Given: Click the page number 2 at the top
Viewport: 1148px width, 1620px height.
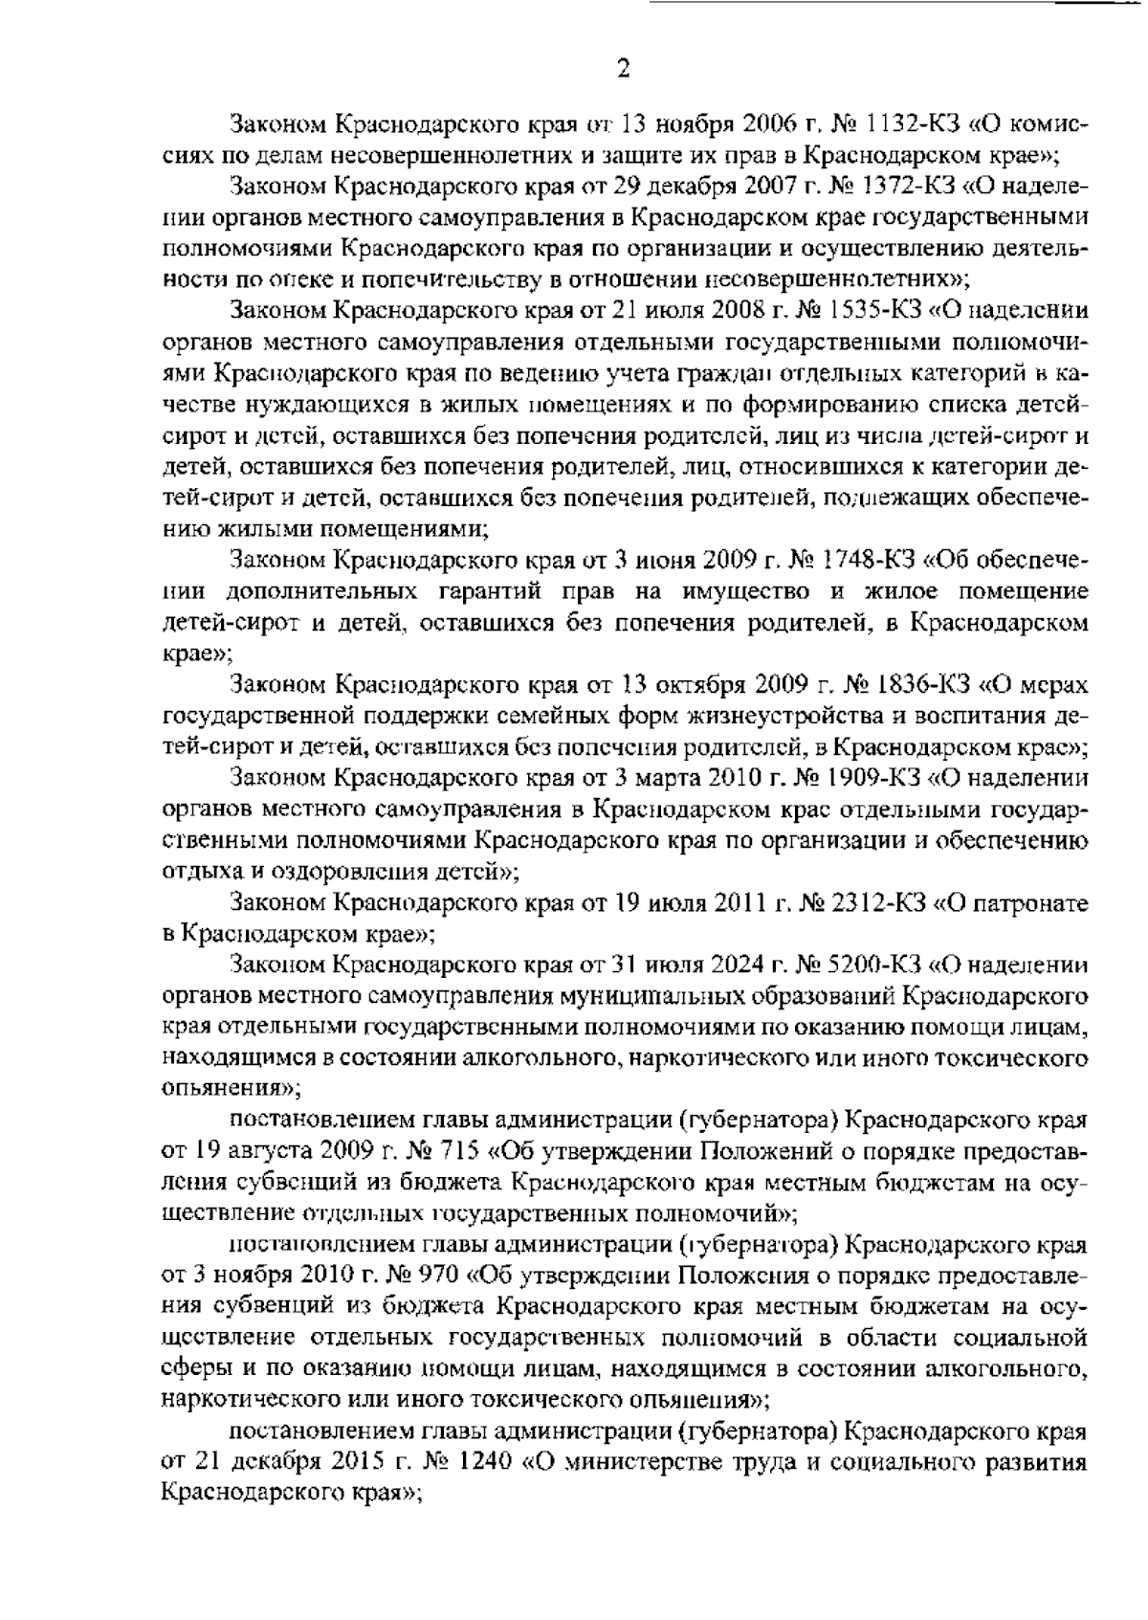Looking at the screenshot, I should pos(623,69).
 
